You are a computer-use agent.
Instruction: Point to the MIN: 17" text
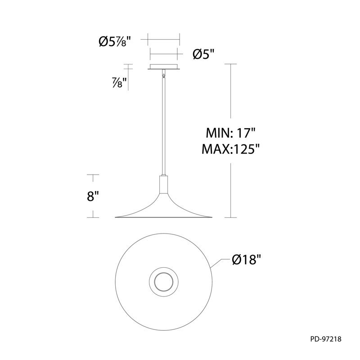[x=231, y=133]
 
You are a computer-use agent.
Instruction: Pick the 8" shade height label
[x=93, y=196]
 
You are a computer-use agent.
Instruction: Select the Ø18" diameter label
[x=247, y=260]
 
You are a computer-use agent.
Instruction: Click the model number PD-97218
[x=326, y=339]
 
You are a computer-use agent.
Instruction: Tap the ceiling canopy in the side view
[x=163, y=67]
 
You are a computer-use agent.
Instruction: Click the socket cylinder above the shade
[x=163, y=184]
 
